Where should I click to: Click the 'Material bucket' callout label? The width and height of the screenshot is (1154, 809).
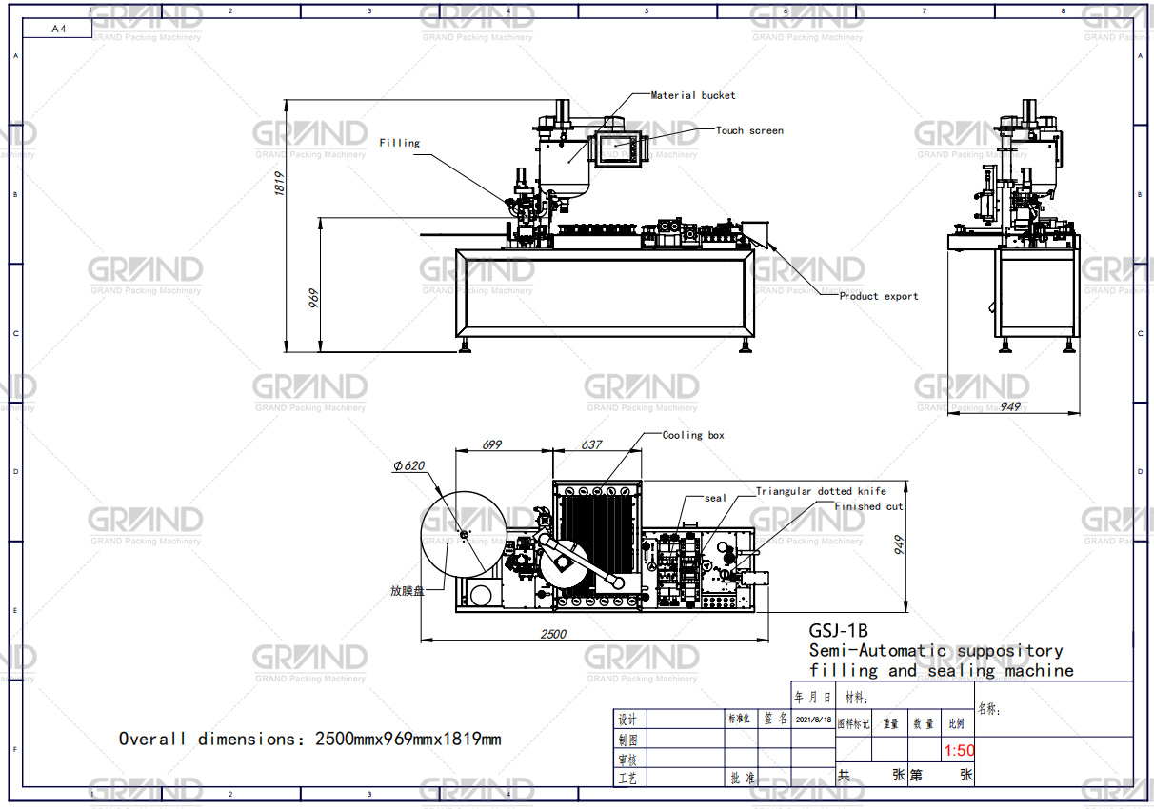(x=692, y=95)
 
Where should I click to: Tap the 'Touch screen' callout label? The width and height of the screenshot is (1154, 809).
(x=749, y=130)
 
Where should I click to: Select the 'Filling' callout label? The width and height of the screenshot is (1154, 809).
(x=399, y=143)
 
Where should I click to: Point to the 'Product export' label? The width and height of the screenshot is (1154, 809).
(x=878, y=296)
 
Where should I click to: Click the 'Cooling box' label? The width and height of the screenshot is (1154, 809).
(x=693, y=435)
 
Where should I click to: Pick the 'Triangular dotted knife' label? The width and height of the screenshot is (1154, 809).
(x=821, y=491)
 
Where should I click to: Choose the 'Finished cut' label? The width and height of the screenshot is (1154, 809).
(x=868, y=506)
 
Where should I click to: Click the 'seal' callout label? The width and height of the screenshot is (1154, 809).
(x=715, y=498)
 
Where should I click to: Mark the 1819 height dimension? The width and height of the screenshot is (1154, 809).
(x=280, y=184)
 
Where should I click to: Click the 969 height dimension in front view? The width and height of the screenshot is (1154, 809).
(x=312, y=298)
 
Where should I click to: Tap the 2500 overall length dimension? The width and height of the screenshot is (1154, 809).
(x=553, y=634)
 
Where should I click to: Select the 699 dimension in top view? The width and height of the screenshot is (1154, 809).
(x=492, y=444)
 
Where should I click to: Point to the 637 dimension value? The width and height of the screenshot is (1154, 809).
(x=591, y=444)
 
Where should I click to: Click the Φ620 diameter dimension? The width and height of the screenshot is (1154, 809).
(x=408, y=466)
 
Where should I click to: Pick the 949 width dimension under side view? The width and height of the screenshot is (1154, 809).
(x=1010, y=406)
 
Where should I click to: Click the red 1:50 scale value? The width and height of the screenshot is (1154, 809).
(x=959, y=751)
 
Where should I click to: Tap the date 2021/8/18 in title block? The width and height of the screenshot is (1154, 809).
(x=813, y=720)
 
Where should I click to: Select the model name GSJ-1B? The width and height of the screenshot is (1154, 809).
(x=838, y=630)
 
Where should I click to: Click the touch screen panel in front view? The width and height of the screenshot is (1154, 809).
(x=621, y=148)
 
